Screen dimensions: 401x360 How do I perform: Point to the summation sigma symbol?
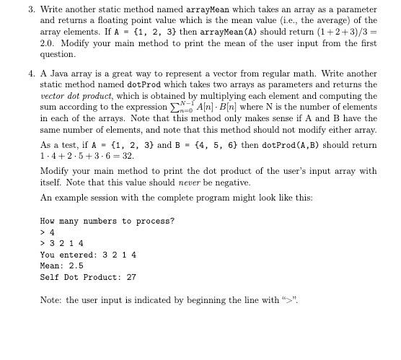tap(213, 107)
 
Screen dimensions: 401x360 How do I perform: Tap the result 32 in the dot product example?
tap(128, 157)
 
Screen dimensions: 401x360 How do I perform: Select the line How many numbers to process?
tap(107, 221)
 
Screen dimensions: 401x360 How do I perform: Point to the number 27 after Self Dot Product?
tap(131, 278)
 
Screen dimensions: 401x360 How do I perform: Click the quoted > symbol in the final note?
tap(290, 300)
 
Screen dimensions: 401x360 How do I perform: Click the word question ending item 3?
tap(57, 55)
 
